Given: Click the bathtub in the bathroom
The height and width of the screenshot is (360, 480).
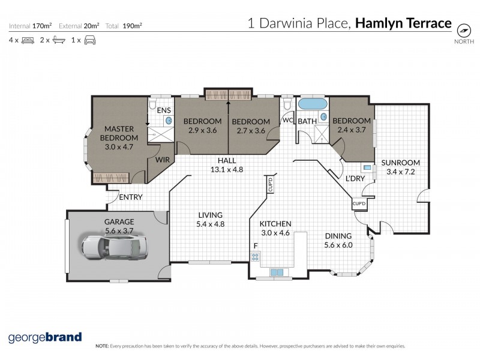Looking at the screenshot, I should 313,104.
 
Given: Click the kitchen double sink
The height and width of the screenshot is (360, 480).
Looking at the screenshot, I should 277,272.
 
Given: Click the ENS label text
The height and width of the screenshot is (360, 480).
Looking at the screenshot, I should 164,111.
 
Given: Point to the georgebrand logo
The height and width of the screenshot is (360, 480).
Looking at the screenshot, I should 45,337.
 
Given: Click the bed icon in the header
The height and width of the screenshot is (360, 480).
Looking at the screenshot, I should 27,40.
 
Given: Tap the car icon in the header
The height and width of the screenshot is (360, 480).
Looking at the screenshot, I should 90,40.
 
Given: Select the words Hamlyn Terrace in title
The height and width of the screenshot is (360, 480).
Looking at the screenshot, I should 403,23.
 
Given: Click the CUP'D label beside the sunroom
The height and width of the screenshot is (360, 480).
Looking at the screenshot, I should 359,204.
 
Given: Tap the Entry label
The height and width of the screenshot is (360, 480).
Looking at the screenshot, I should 130,197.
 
